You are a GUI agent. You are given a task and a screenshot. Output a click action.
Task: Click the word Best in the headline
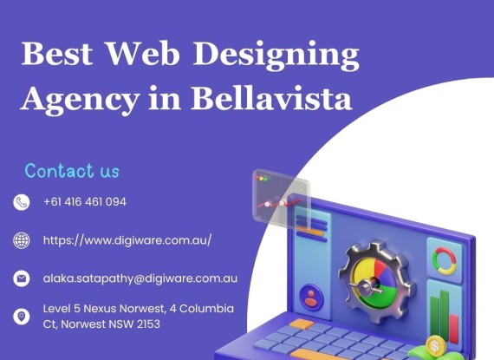point(57,53)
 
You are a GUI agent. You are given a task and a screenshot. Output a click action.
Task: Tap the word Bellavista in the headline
point(271,98)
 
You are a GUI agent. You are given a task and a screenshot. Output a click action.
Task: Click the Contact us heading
point(72,171)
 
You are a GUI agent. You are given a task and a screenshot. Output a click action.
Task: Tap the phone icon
point(22,202)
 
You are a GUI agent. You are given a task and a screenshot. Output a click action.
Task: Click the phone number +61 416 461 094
point(85,202)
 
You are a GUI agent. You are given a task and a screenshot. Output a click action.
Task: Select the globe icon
point(22,240)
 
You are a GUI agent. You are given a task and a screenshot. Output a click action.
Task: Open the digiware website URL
point(127,240)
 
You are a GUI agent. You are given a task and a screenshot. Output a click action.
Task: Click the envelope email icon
point(22,278)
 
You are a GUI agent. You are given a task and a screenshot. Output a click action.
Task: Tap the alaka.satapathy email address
point(140,278)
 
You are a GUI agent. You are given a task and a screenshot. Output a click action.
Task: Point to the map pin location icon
point(22,316)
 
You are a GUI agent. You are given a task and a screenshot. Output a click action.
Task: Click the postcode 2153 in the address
point(148,324)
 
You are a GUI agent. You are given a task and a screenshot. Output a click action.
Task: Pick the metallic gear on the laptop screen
point(375,282)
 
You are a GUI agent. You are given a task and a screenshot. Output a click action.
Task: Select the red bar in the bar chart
point(453,328)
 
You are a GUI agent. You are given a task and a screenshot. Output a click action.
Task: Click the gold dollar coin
point(436,346)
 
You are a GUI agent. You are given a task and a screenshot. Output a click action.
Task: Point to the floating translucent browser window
point(281,199)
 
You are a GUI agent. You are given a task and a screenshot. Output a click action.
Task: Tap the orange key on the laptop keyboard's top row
point(302,324)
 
